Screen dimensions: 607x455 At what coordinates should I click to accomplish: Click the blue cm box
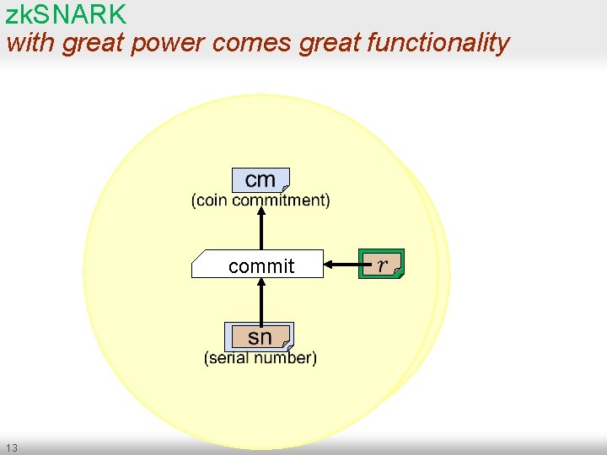coord(261,179)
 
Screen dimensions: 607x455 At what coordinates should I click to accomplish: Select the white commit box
coord(258,265)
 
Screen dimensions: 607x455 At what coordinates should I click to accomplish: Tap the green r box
coord(382,265)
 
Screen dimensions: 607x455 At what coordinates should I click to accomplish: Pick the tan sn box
coord(260,336)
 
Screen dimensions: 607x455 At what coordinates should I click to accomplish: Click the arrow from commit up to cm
coord(261,227)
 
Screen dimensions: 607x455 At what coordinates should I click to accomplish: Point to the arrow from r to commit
coord(341,265)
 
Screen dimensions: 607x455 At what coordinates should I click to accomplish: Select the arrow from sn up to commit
coord(261,300)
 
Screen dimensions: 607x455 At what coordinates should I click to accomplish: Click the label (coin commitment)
coord(261,201)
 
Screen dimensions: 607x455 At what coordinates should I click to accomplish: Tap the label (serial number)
coord(261,358)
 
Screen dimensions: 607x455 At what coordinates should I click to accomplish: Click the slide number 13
coord(11,447)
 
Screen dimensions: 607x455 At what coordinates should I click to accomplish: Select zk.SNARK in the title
coord(66,14)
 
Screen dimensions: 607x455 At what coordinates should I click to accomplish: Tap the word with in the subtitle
coord(30,43)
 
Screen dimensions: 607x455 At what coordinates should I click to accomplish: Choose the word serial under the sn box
coord(230,358)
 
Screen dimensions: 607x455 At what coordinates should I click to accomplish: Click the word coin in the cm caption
coord(212,201)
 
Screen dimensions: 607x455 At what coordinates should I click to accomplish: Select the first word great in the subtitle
coord(93,43)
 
